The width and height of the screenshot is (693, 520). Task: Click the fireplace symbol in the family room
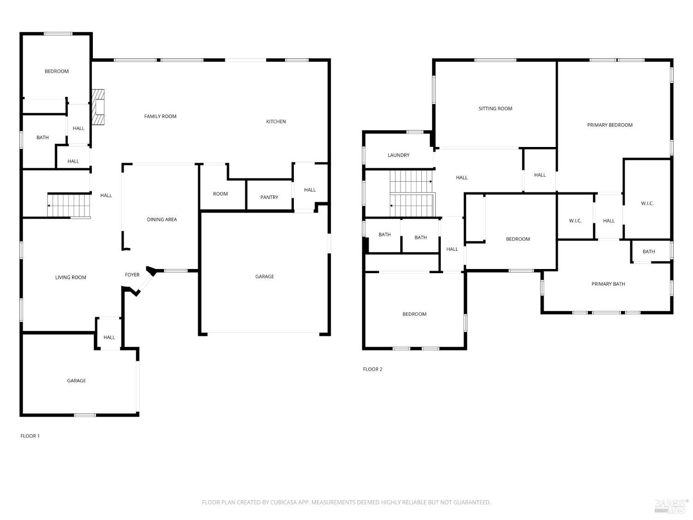click(x=98, y=107)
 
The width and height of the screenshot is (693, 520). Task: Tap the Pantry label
click(x=269, y=197)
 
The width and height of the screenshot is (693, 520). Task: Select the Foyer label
click(x=132, y=275)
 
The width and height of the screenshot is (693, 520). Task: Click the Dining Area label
click(x=162, y=220)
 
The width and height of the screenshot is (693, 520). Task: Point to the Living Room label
click(x=71, y=277)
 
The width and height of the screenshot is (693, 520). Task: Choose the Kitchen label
click(x=276, y=122)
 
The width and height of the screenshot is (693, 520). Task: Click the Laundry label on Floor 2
click(x=398, y=155)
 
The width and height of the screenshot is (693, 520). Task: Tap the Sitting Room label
click(x=495, y=109)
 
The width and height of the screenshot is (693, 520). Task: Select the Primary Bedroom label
click(x=610, y=125)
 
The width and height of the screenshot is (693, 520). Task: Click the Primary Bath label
click(x=608, y=284)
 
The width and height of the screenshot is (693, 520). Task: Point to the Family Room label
click(x=160, y=116)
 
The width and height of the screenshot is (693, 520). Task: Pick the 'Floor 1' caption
click(x=30, y=436)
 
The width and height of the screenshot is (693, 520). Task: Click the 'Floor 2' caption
click(x=372, y=369)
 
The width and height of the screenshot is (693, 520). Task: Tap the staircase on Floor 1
click(x=69, y=205)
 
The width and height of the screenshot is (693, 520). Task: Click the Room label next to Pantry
click(x=220, y=194)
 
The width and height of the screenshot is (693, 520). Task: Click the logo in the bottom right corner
click(x=671, y=506)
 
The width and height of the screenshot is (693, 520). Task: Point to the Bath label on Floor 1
click(x=43, y=138)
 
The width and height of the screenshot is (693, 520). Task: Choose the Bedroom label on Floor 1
click(x=57, y=71)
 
